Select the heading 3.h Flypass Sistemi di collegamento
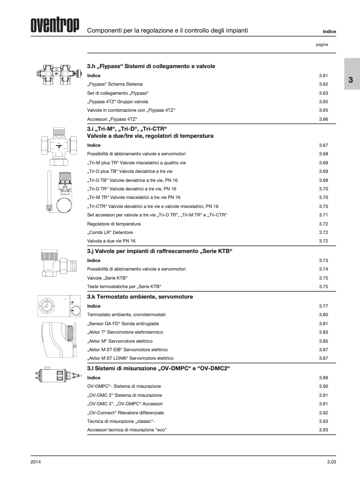tap(151, 66)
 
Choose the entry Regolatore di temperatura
tap(114, 223)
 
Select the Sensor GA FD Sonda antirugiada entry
tap(124, 323)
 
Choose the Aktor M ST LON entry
tap(130, 358)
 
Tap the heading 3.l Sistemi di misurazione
tap(158, 368)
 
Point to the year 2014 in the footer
tap(36, 461)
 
